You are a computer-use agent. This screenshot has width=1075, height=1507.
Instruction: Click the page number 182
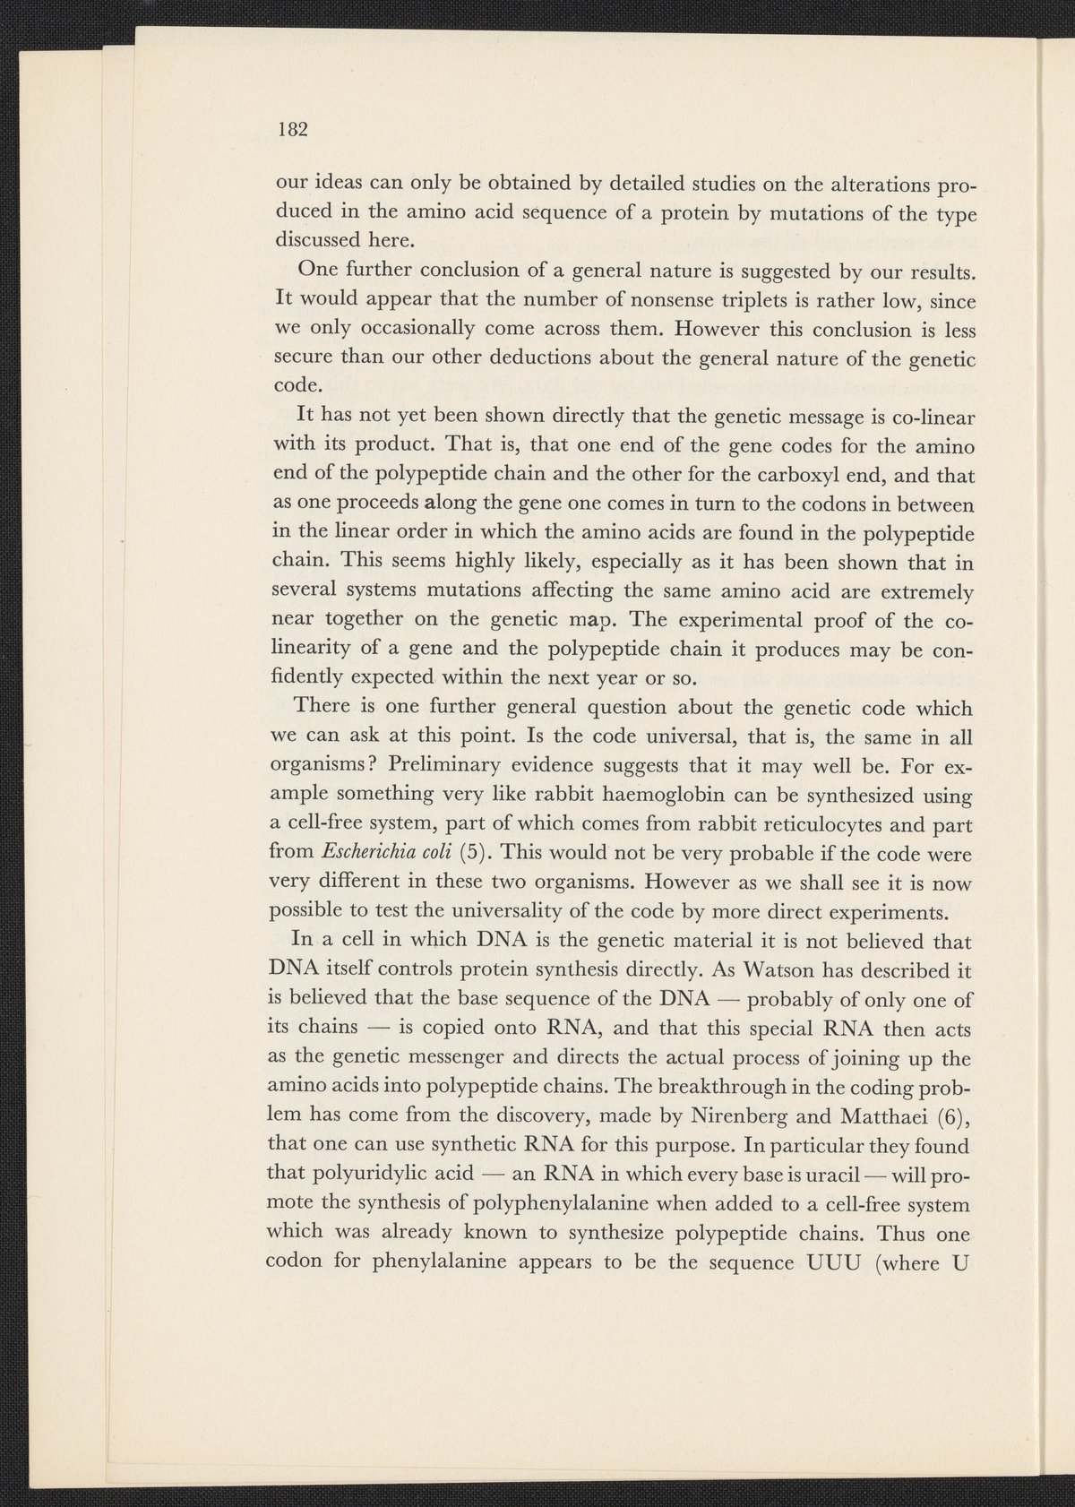[292, 128]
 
